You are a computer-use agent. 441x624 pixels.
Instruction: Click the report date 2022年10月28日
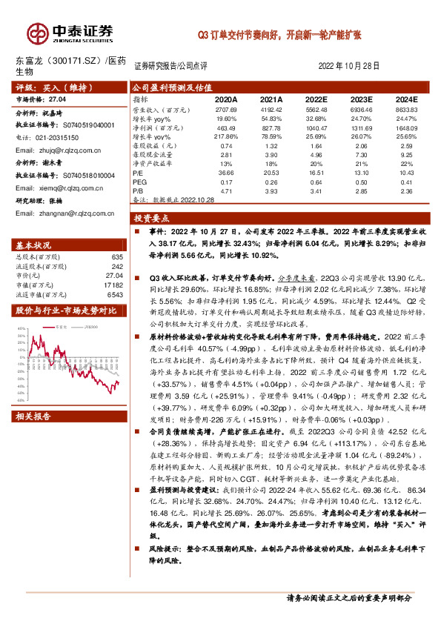coord(349,65)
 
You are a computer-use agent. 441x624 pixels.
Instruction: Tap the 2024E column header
coord(406,99)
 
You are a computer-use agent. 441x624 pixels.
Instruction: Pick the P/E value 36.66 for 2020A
coord(226,173)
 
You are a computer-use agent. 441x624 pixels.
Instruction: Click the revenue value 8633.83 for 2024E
coord(406,109)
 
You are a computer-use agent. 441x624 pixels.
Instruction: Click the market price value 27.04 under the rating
coord(57,98)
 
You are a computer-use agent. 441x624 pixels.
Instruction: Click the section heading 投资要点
coord(152,219)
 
